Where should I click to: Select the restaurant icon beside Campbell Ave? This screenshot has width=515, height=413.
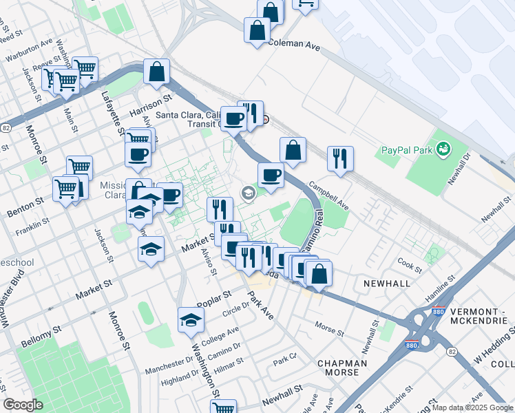[x=340, y=159]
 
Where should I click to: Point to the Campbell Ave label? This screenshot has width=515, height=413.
[x=329, y=195]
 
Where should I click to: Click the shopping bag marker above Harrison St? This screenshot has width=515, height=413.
[x=157, y=72]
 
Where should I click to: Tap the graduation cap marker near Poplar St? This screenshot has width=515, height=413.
[x=191, y=320]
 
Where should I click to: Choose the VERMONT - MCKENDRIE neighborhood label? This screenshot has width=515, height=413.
[x=478, y=317]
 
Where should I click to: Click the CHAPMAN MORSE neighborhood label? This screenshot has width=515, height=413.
[x=342, y=367]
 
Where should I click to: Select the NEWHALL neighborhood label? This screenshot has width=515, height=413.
[x=382, y=283]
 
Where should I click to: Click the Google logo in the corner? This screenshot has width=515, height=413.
[x=23, y=405]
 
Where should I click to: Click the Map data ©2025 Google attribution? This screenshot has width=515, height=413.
[x=472, y=407]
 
